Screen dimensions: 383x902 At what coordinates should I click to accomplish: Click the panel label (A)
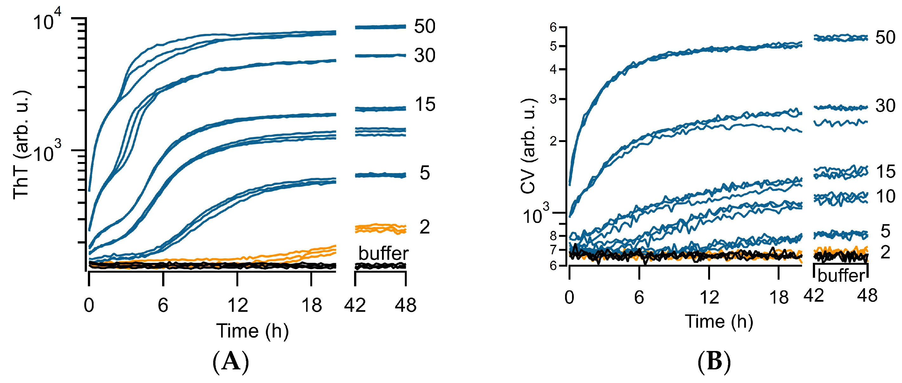[231, 362]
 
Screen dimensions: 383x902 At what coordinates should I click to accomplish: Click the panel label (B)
[714, 362]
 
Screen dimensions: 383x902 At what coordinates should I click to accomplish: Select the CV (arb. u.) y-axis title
[528, 146]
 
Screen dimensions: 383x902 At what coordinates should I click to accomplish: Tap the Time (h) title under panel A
[252, 331]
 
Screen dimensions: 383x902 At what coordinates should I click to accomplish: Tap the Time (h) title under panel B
[719, 321]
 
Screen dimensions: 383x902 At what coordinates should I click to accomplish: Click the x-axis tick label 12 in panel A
[238, 305]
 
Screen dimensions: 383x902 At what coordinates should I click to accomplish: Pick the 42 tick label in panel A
[355, 305]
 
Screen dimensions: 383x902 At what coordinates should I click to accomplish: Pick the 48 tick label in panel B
[867, 296]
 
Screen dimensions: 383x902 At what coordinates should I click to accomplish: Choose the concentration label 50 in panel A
[425, 26]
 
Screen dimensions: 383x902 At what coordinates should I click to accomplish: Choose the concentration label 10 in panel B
[885, 197]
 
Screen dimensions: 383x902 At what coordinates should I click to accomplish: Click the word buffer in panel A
[383, 253]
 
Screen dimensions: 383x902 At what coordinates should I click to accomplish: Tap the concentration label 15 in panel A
[425, 105]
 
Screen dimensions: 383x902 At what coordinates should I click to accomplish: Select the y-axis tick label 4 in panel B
[553, 69]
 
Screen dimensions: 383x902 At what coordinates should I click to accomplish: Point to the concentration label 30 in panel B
[885, 106]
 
